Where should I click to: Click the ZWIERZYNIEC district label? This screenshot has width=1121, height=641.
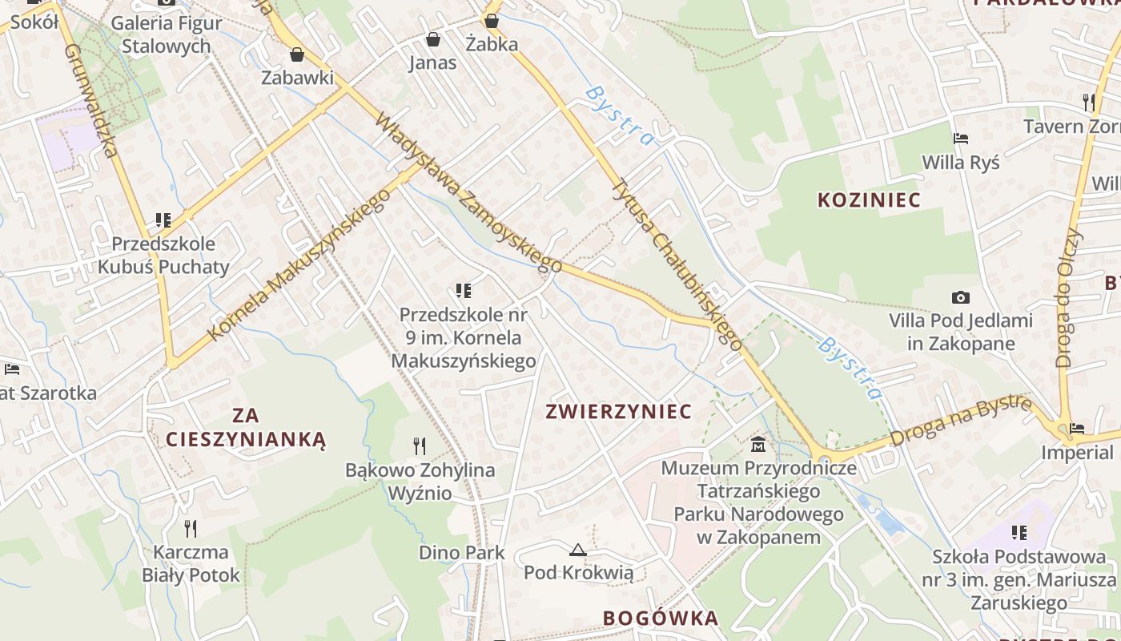click(x=617, y=412)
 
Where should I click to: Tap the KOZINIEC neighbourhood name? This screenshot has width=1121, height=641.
click(x=869, y=200)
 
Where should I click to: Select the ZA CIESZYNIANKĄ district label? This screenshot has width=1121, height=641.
click(x=246, y=427)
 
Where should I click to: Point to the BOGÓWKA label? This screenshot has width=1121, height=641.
click(x=661, y=619)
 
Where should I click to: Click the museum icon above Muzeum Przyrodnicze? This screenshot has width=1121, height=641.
click(x=757, y=443)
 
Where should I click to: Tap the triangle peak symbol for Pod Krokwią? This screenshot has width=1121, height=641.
click(x=577, y=550)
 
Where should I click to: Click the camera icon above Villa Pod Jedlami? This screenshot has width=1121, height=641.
click(x=960, y=297)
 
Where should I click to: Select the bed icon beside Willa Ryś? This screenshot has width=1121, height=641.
click(x=960, y=139)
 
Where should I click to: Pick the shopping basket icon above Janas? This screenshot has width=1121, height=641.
click(x=433, y=39)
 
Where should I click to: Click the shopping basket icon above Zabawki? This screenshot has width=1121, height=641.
click(x=297, y=54)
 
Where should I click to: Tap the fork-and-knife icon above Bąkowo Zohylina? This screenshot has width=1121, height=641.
click(x=419, y=445)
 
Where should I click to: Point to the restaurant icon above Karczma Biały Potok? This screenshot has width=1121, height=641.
click(x=191, y=528)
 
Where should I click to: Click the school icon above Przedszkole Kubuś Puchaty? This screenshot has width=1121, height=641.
click(x=163, y=220)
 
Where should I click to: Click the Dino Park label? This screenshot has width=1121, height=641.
click(x=462, y=552)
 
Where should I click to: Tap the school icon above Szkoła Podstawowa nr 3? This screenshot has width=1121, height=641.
click(x=1019, y=532)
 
